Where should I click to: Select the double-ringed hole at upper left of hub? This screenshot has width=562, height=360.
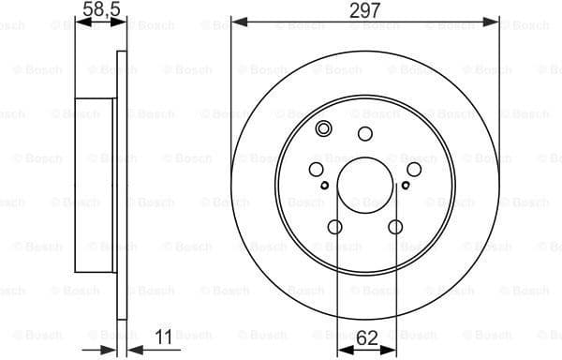click(x=324, y=129)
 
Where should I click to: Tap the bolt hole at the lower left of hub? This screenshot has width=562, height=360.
click(x=335, y=226)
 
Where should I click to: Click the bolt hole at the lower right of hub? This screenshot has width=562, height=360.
click(x=395, y=226)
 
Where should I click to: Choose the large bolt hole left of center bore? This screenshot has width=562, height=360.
click(x=317, y=169)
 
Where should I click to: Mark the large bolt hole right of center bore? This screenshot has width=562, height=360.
click(x=414, y=169)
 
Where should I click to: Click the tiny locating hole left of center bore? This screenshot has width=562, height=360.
click(x=325, y=186)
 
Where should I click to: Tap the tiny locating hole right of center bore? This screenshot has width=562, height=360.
click(x=406, y=186)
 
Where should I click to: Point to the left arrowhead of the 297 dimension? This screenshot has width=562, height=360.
click(x=236, y=20)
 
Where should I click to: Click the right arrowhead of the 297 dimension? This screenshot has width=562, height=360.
click(x=496, y=20)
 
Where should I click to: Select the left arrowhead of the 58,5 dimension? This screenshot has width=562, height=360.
click(x=79, y=20)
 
